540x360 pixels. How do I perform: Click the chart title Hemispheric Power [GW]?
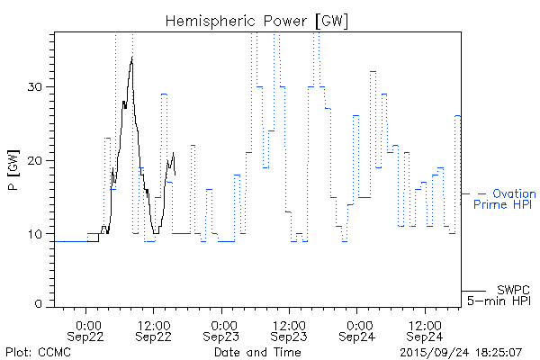click(x=257, y=21)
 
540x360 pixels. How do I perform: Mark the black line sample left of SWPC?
click(x=473, y=290)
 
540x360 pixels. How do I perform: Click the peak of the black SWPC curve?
click(x=132, y=58)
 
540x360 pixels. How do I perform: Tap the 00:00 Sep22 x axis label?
click(x=87, y=328)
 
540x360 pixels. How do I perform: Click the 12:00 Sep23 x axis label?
click(x=289, y=328)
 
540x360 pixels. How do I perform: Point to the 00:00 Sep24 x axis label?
click(x=358, y=328)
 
